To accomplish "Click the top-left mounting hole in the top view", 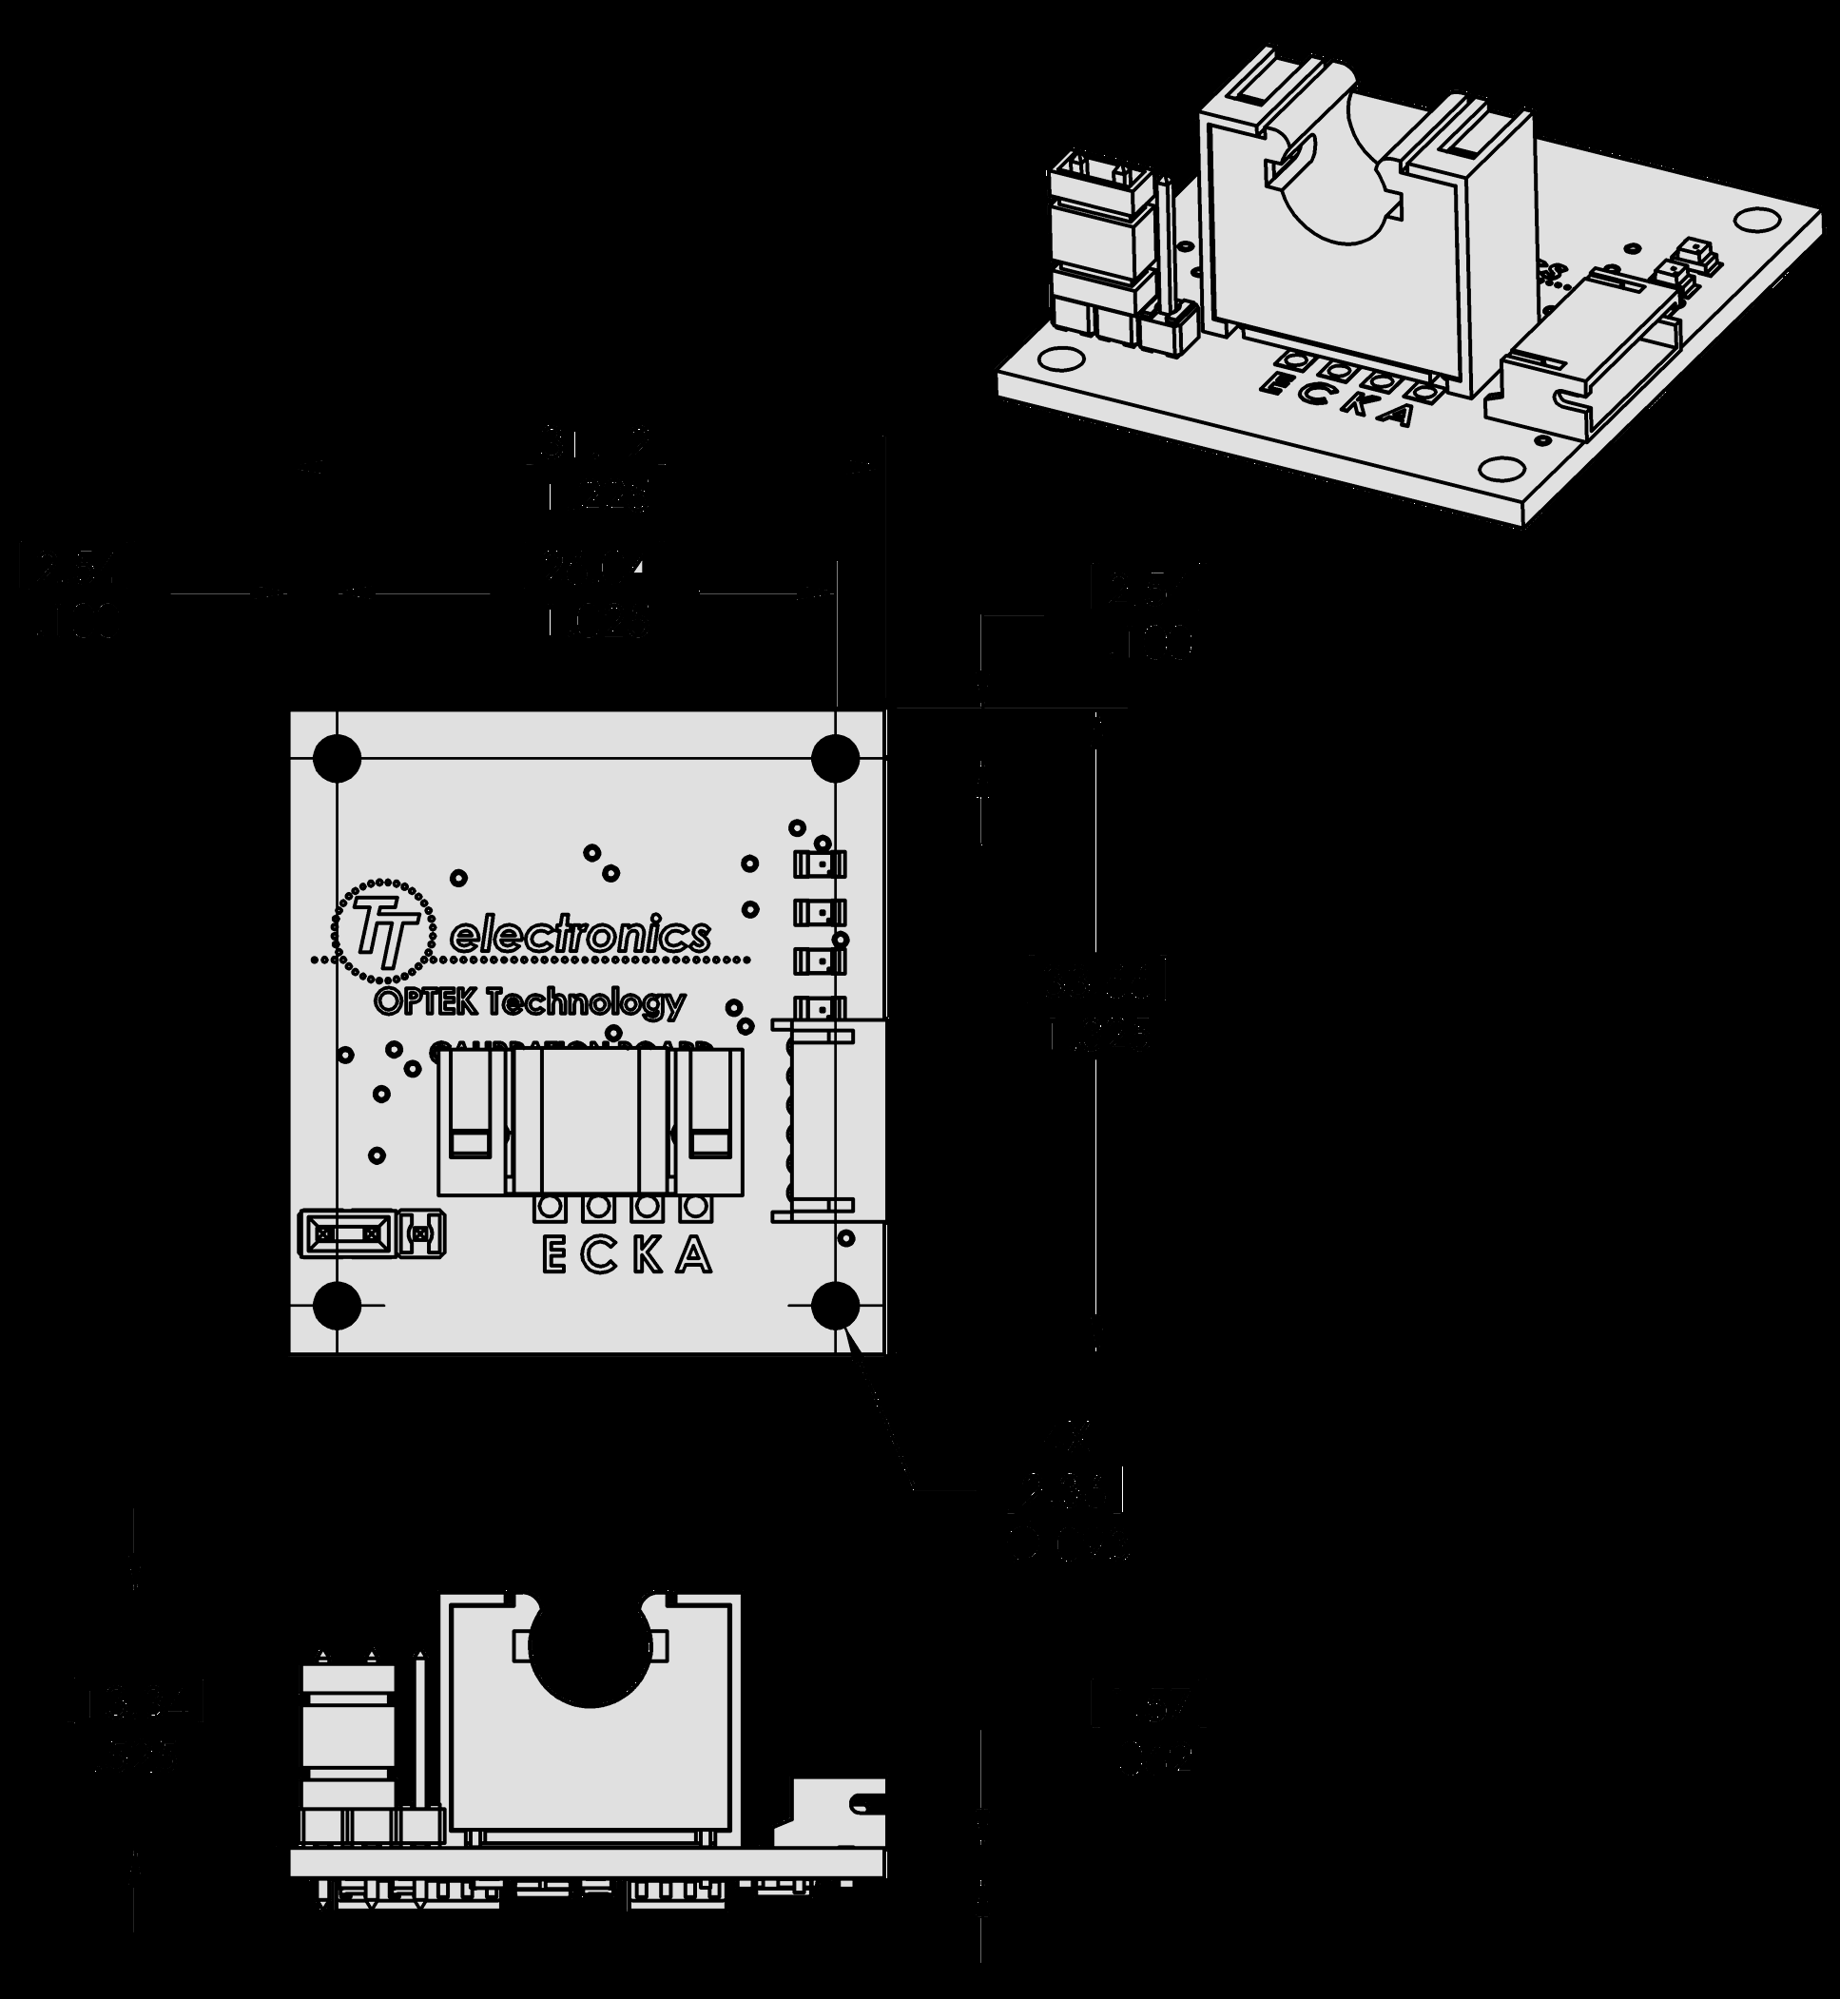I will [x=337, y=759].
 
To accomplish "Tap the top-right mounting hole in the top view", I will [x=834, y=759].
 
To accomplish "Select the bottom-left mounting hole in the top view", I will [x=337, y=1305].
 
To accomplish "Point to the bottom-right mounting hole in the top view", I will [x=834, y=1305].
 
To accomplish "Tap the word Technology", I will [x=588, y=1003].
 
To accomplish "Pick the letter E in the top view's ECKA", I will [x=554, y=1256].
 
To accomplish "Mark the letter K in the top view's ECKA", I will [x=648, y=1256].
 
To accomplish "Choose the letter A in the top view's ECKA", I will [x=694, y=1256].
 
